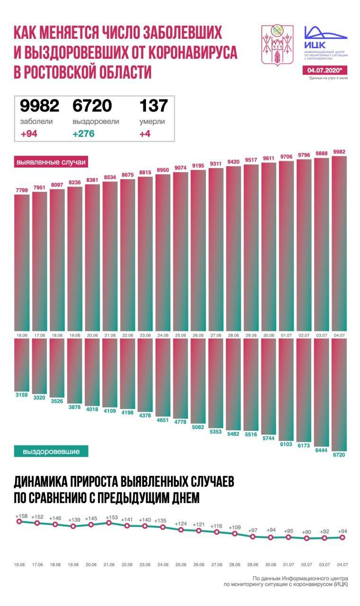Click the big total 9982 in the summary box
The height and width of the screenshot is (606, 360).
point(39,106)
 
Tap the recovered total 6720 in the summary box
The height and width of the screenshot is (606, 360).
point(92,106)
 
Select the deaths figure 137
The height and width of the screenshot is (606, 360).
point(152,106)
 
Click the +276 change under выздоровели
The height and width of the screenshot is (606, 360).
point(83,133)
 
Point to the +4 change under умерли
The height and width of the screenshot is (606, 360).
point(145,133)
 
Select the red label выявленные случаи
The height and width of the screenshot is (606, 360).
point(51,162)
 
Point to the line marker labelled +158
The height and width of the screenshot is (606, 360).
point(19,521)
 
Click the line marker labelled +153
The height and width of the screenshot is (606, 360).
point(109,523)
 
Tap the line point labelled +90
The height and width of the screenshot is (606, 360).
point(307,538)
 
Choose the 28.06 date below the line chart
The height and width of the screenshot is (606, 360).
point(234,565)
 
